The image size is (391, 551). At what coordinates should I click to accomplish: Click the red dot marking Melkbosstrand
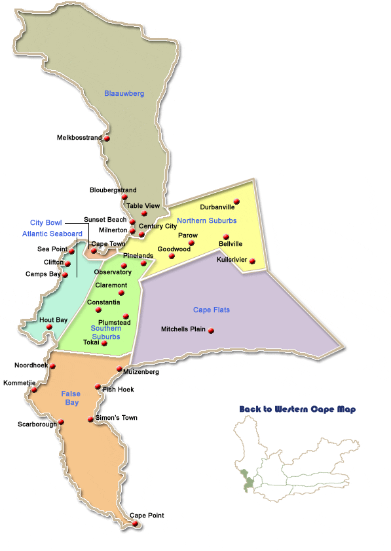point(107,138)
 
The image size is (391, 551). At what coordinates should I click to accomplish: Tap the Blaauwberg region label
point(124,94)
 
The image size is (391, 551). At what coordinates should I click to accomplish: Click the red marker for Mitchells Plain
point(211,331)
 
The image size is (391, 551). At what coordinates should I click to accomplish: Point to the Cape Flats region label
point(211,310)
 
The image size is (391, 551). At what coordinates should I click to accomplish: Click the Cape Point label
point(147,516)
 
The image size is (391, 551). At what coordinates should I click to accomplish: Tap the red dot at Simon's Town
point(91,418)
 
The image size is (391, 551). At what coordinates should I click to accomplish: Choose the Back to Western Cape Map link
point(297,409)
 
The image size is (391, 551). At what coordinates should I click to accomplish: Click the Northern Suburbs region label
point(206,221)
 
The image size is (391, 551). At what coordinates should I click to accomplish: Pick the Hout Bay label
point(53,320)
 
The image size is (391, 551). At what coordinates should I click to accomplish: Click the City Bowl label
point(46,222)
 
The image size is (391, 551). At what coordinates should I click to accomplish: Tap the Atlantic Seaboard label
point(52,234)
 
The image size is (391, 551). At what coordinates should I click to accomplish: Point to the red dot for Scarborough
point(62,422)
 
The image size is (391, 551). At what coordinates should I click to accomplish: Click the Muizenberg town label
point(138,372)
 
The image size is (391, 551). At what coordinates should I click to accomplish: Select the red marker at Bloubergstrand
point(124,197)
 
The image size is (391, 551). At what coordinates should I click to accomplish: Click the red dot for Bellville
point(227,237)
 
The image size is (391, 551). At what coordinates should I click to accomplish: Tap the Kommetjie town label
point(18,382)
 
